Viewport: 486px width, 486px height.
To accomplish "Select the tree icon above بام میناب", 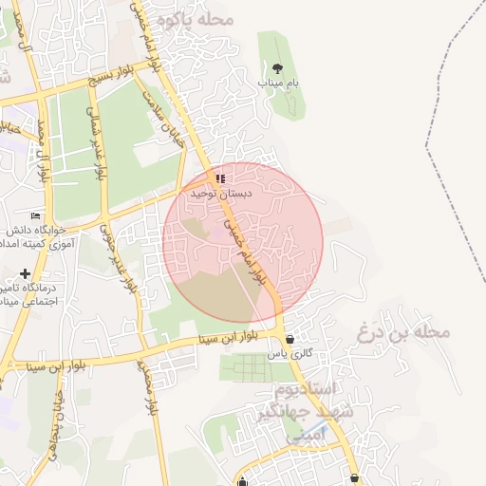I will (x=277, y=67).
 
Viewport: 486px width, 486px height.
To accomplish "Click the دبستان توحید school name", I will (x=211, y=193).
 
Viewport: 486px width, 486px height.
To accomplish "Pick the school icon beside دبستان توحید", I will (x=220, y=178).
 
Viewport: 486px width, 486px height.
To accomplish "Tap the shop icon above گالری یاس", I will (x=290, y=339).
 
